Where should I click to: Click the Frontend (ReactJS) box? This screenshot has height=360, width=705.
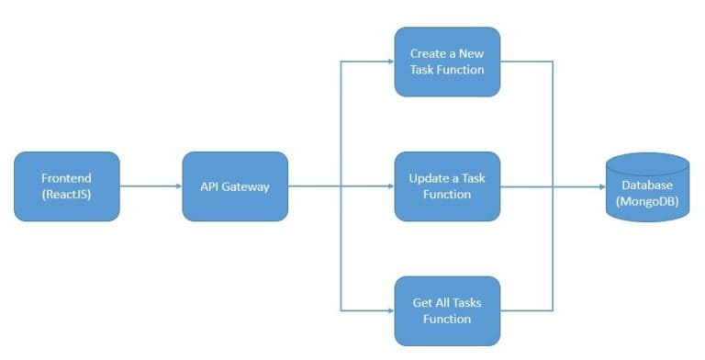pos(67,186)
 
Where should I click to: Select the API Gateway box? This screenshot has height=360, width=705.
pos(235,186)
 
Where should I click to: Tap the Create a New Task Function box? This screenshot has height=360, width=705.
pos(447,62)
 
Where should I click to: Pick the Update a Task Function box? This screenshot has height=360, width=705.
pos(447,186)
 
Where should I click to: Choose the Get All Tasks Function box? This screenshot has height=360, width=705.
pos(447,310)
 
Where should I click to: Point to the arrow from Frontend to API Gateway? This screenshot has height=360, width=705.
pos(151,186)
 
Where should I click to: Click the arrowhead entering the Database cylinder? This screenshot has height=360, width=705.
pos(600,186)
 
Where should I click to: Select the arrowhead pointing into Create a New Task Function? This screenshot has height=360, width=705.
pos(390,62)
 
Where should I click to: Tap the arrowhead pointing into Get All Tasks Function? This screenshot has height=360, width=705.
pos(390,310)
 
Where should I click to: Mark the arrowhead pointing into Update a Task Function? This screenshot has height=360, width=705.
pos(390,186)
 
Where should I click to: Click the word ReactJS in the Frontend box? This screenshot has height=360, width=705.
pos(67,194)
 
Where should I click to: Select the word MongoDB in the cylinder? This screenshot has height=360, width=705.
pos(647,202)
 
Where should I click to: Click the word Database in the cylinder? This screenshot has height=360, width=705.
pos(647,186)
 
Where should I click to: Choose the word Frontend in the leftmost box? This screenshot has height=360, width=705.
pos(67,177)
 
